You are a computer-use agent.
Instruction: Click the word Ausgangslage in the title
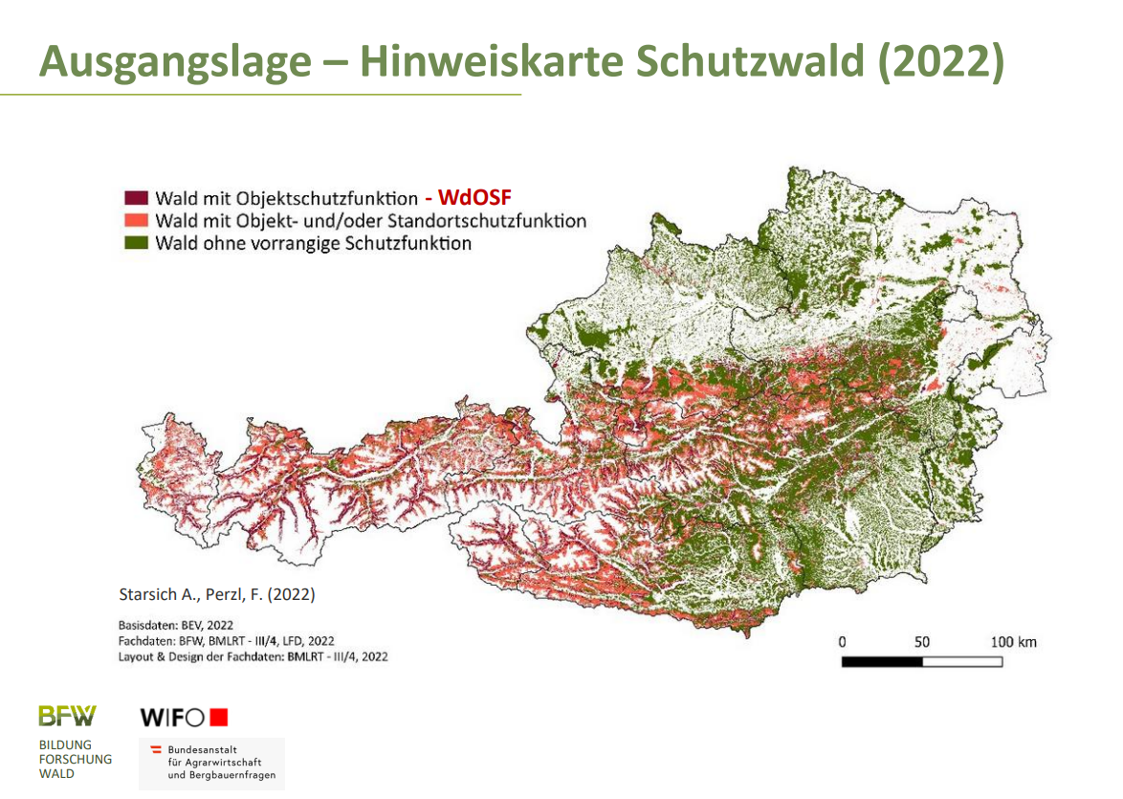click(x=176, y=61)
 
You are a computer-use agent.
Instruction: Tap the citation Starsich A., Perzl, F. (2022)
click(x=216, y=594)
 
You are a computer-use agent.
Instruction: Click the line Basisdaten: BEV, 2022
click(x=175, y=625)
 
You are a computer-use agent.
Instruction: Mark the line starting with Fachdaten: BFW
click(x=226, y=641)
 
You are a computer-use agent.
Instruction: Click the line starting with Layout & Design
click(x=253, y=657)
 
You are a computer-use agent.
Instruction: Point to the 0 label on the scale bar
click(x=842, y=641)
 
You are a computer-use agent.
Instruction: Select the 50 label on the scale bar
click(x=922, y=641)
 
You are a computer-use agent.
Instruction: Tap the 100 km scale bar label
click(x=1012, y=641)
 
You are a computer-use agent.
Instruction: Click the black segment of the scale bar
click(x=882, y=661)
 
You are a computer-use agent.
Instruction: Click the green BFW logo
click(x=67, y=715)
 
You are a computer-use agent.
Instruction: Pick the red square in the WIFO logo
click(x=219, y=717)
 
